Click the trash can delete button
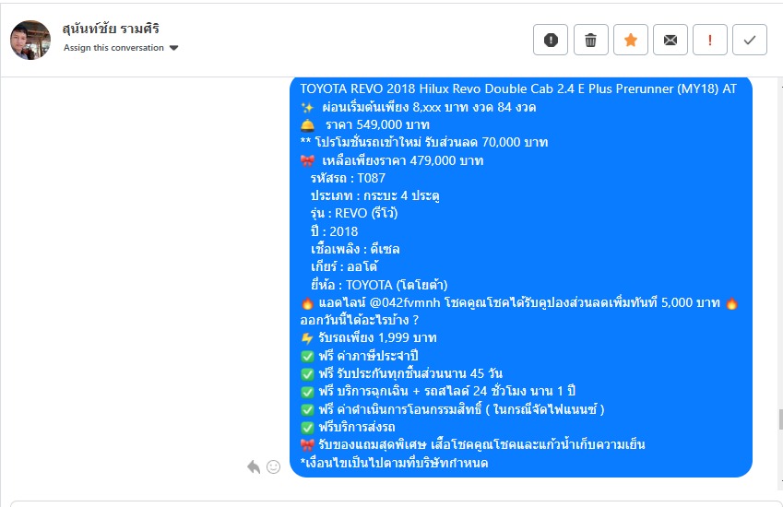point(591,40)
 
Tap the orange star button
point(631,40)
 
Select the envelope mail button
point(670,40)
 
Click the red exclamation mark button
point(710,40)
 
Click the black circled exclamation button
point(551,40)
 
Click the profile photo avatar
point(30,40)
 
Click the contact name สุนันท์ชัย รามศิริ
point(111,29)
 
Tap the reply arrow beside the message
point(254,466)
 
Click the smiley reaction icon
point(273,466)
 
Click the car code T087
point(371,178)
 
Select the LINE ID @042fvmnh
point(405,303)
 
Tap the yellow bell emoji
point(308,124)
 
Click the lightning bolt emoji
point(307,338)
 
